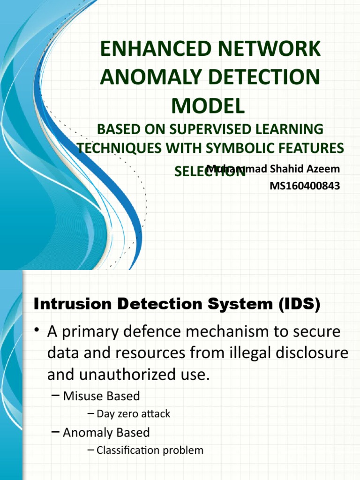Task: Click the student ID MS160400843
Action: pos(305,186)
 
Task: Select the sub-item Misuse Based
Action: pos(101,396)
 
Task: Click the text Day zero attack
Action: pos(134,414)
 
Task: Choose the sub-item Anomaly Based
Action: pos(106,432)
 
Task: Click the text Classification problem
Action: pos(150,450)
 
